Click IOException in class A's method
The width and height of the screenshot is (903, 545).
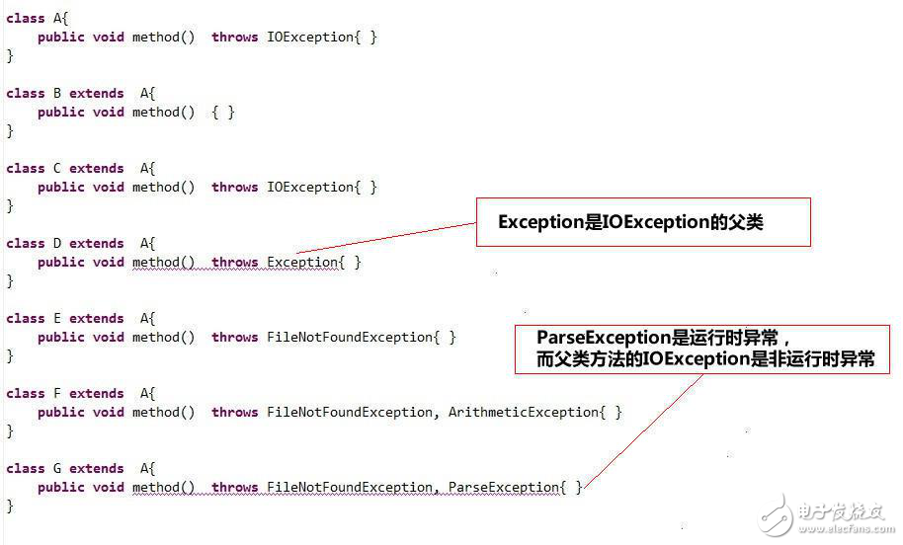coord(310,38)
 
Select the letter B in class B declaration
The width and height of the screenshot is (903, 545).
coord(57,93)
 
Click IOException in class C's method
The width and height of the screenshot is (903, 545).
coord(310,188)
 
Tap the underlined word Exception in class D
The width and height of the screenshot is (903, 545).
coord(302,263)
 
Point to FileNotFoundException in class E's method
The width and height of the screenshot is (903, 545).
coord(350,338)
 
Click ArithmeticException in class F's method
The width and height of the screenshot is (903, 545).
coord(524,413)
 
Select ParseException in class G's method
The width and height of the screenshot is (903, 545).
coord(504,488)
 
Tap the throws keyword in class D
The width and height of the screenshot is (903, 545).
coord(234,263)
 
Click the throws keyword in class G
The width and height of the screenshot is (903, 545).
coord(234,488)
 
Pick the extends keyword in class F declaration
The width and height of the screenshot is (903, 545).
coord(96,394)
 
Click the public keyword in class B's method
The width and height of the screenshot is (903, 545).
coord(61,113)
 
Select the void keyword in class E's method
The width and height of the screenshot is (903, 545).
coord(109,338)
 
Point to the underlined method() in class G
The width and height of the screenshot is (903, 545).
coord(164,488)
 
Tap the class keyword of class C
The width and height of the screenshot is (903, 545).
coord(26,169)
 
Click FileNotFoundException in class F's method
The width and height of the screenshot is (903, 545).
coord(350,413)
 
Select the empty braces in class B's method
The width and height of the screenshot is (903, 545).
coord(223,113)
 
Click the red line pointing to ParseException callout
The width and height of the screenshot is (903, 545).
coord(643,431)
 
